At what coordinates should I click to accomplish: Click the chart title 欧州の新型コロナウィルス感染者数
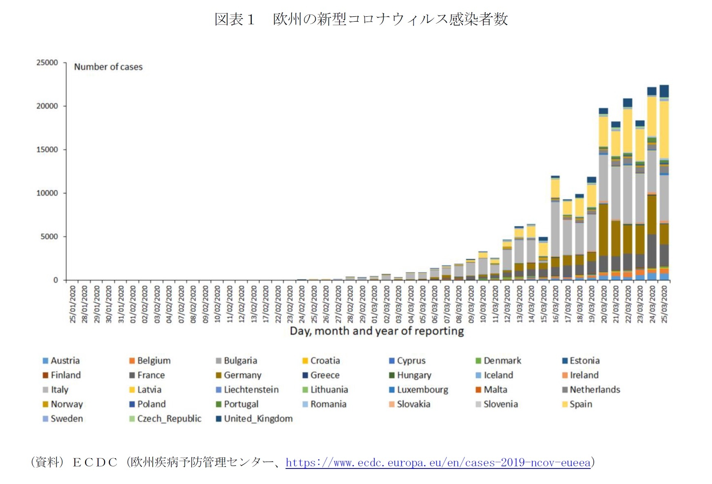point(390,19)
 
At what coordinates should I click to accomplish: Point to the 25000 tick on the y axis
point(47,62)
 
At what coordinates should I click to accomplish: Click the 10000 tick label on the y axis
point(47,193)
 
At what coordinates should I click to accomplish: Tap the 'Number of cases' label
point(108,67)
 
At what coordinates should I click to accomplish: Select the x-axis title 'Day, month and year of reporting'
point(377,331)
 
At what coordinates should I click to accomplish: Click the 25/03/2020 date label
point(664,304)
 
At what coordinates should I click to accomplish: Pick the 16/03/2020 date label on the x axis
point(556,304)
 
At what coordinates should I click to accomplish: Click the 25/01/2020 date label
point(73,304)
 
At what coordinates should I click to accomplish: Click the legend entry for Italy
point(59,390)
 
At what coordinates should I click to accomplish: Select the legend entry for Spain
point(580,404)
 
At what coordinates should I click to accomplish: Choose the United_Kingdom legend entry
point(258,419)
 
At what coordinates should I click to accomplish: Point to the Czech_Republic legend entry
point(169,419)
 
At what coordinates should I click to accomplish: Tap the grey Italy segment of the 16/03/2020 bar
point(556,229)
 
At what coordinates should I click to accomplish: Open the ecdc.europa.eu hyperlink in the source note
point(438,462)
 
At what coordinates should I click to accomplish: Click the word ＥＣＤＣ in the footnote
point(95,462)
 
